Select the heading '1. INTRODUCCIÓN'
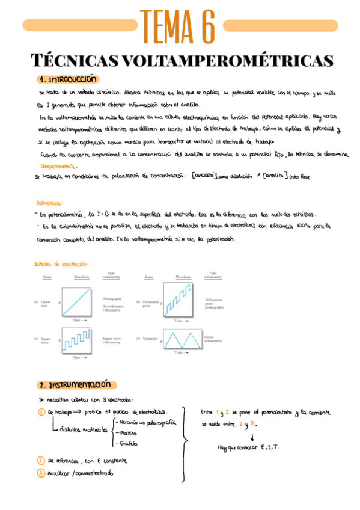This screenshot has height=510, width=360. click(68, 79)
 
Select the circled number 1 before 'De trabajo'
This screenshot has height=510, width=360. click(41, 412)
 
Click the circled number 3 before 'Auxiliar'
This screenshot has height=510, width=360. click(41, 473)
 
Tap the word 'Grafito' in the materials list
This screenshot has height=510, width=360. click(127, 444)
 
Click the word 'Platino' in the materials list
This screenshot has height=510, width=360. click(128, 433)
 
